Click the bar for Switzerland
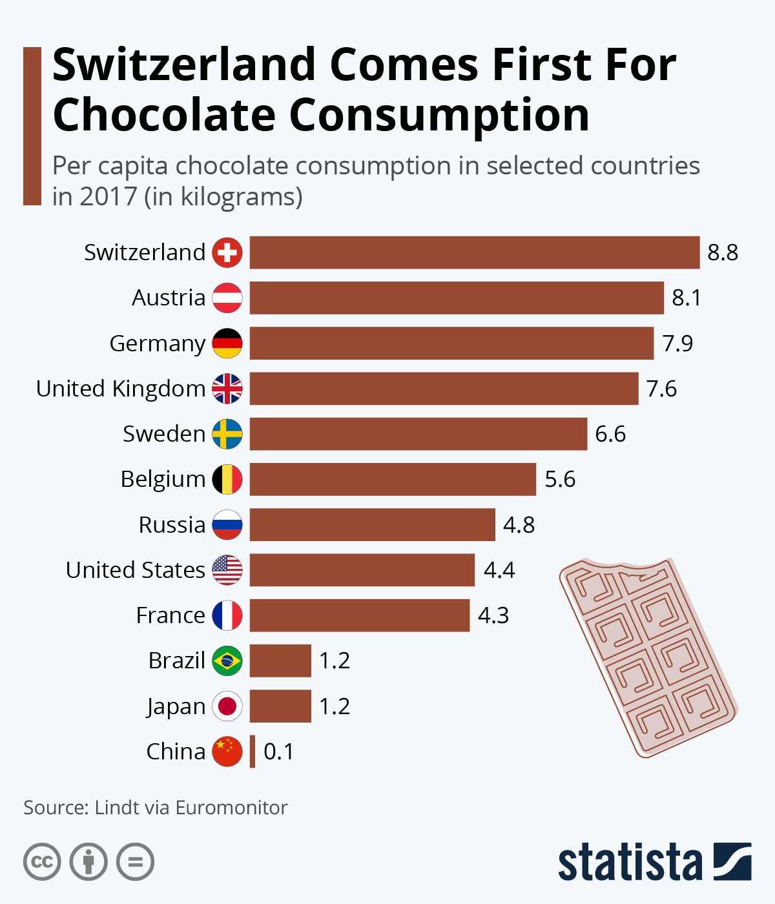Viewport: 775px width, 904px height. click(475, 252)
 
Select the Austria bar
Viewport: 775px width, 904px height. click(457, 298)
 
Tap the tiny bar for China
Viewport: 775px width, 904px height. click(253, 752)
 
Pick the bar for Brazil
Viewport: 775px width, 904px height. click(280, 661)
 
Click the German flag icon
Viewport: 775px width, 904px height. click(227, 344)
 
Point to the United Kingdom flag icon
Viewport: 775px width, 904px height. click(227, 389)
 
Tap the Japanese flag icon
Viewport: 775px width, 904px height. click(227, 706)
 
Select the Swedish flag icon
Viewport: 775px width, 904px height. click(227, 434)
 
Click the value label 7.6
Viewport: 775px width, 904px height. click(661, 389)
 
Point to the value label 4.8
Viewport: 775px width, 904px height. click(519, 525)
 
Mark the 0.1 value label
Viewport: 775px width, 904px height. click(278, 752)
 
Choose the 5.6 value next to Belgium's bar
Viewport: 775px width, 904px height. click(559, 479)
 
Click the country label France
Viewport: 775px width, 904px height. click(170, 615)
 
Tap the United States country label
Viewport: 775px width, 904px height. click(136, 570)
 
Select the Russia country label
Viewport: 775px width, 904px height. click(172, 525)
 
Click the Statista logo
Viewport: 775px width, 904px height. click(654, 861)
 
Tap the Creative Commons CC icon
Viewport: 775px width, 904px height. click(42, 861)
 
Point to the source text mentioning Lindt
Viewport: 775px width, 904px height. click(155, 808)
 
